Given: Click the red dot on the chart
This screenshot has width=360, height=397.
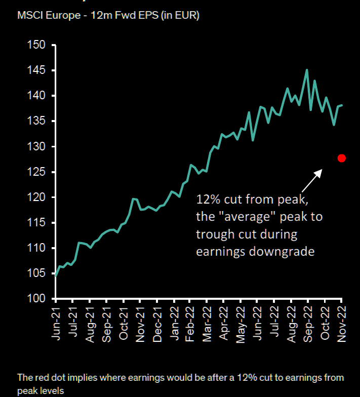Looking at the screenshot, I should coord(342,158).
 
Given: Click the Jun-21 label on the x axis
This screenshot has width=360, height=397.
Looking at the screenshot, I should coord(57,320).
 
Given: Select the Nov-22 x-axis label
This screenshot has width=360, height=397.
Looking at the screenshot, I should coord(342,320).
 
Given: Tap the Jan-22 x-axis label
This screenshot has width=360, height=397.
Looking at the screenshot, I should coord(174,320).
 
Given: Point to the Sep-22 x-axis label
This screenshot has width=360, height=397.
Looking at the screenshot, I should coord(308,320).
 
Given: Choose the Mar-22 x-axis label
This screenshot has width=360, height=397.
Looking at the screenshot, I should coord(207,320).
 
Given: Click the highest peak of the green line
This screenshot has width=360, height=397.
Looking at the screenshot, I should coord(306,70).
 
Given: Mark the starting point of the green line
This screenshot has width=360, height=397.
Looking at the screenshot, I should coord(55,276).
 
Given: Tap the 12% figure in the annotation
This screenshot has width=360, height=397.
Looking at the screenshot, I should coord(207,199).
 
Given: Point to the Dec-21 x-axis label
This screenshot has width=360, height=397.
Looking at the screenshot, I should coord(157,320).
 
